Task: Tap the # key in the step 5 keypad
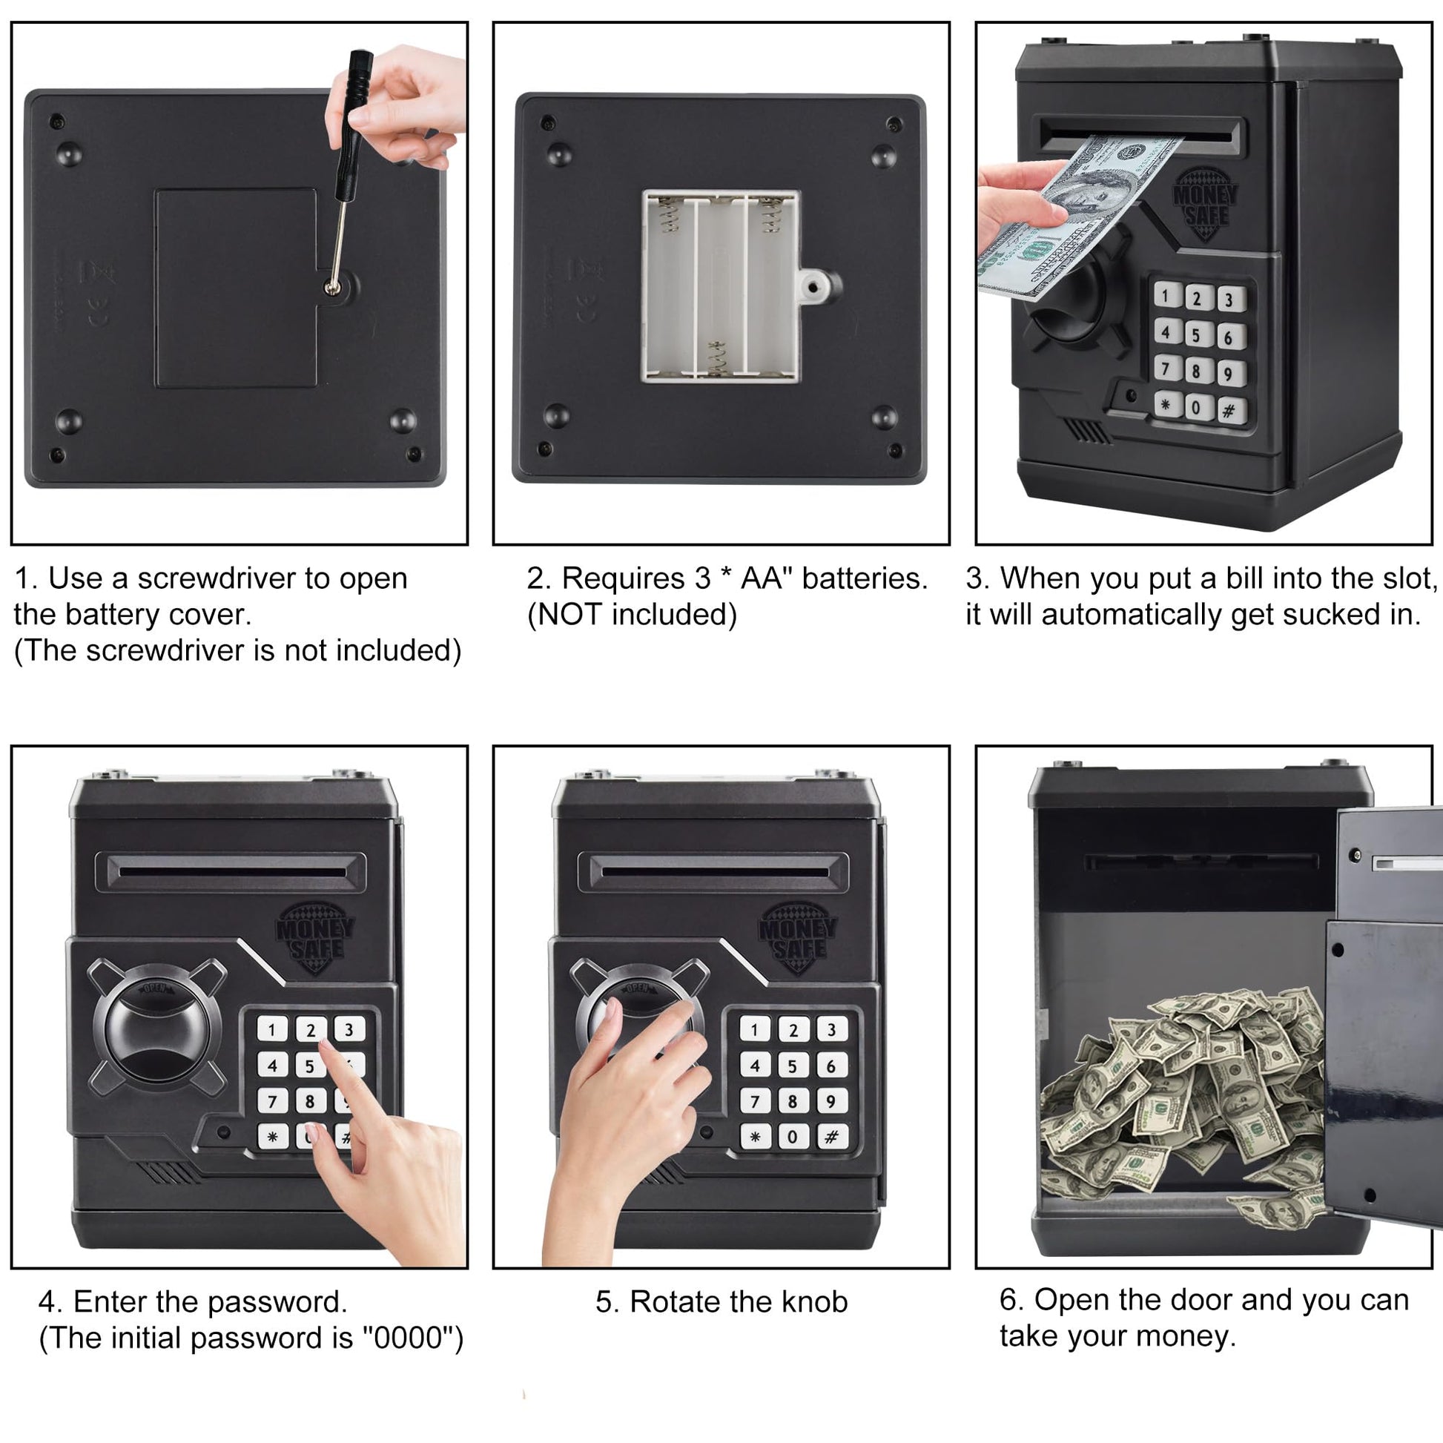[x=831, y=1137]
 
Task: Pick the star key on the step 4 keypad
[x=273, y=1137]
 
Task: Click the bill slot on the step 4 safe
[x=231, y=871]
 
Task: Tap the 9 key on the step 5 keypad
[x=831, y=1101]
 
